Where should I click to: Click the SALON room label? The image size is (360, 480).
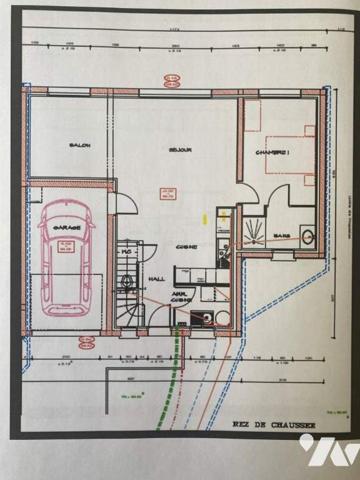tap(81, 147)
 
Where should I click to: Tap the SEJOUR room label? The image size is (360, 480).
tap(179, 151)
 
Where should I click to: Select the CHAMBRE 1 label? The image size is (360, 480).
tap(272, 152)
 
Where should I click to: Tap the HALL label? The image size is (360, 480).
tap(156, 279)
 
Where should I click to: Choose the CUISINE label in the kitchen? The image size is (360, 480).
tap(186, 247)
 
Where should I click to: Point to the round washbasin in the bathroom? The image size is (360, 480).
tap(307, 237)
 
